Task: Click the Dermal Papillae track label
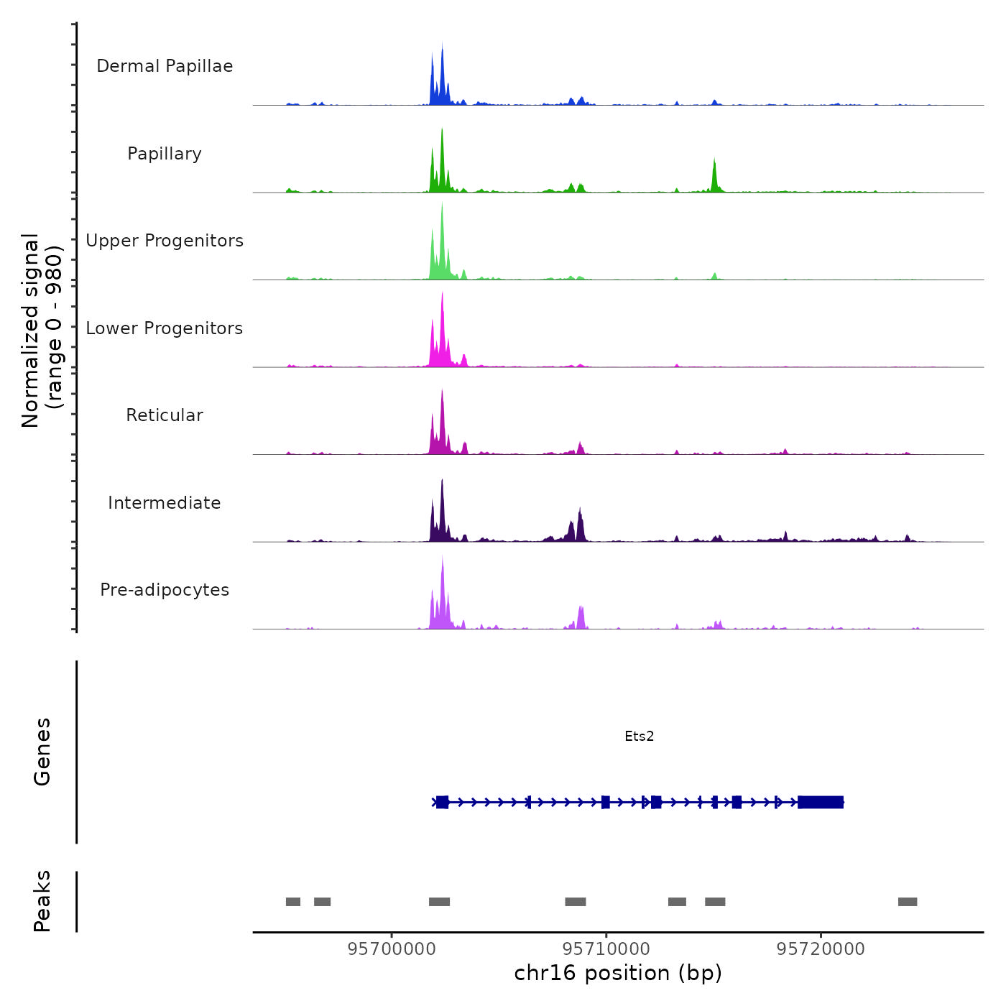coord(165,66)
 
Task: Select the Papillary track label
coord(165,154)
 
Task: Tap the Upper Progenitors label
coord(165,241)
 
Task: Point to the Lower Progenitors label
coord(165,328)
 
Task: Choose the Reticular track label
coord(165,415)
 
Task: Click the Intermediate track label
coord(165,503)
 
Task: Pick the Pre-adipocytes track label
coord(165,590)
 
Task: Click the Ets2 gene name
coord(639,736)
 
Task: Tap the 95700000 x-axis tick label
coord(392,949)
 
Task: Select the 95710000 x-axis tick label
coord(606,949)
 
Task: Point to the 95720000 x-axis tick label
coord(821,949)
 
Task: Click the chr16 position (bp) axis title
coord(618,973)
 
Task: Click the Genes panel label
coord(42,752)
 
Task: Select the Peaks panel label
coord(42,901)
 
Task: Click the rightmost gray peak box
coord(908,902)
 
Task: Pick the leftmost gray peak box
coord(293,902)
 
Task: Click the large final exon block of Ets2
coord(820,802)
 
